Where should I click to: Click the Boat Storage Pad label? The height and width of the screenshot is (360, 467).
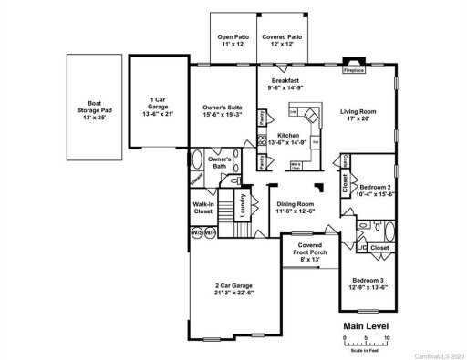94,111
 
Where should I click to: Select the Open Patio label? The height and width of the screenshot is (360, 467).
232,40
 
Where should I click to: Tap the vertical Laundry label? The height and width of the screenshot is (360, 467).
244,209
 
